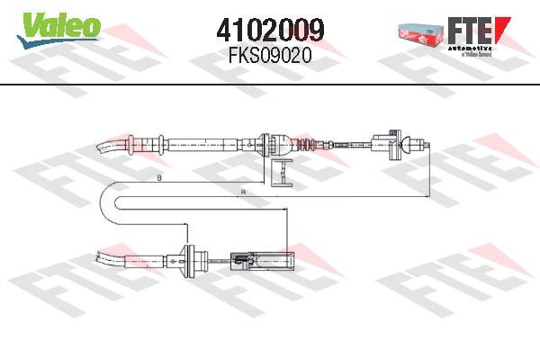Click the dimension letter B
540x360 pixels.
point(159,180)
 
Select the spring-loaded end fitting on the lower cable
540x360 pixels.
point(261,264)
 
